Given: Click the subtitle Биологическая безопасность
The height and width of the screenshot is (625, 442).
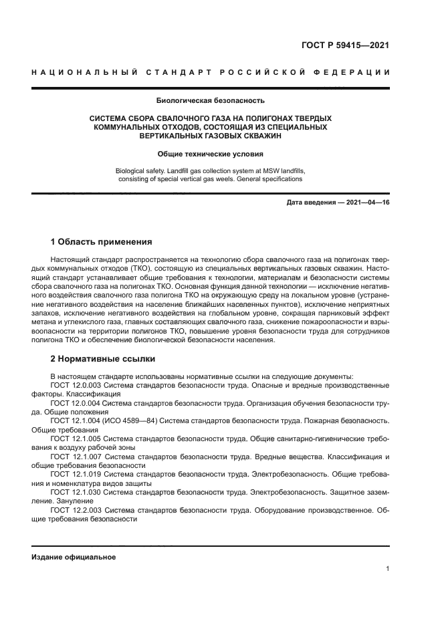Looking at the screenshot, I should pos(211,102).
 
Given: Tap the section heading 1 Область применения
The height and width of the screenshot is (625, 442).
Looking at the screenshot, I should pos(101,241).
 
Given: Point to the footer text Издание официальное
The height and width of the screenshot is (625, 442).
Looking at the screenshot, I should pos(74,557).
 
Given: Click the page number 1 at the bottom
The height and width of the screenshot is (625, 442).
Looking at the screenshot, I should pos(387,569).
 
